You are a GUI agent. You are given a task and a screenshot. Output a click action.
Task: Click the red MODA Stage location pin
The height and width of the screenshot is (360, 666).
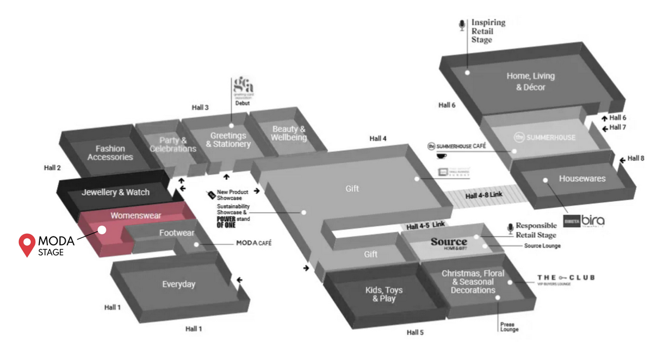(x=26, y=244)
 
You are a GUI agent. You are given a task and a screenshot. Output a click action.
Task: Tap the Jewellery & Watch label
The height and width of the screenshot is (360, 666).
(x=115, y=193)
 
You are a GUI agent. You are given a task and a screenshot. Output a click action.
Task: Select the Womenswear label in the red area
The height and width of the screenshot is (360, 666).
(x=136, y=216)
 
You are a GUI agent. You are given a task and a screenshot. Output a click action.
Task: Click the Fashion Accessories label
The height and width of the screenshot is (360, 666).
(x=110, y=153)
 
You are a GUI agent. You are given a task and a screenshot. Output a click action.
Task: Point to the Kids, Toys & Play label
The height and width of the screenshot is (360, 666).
(x=384, y=294)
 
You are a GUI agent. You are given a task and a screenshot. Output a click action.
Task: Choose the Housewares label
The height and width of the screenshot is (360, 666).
(x=582, y=179)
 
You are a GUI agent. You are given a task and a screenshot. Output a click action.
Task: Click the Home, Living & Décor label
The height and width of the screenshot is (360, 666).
(x=531, y=82)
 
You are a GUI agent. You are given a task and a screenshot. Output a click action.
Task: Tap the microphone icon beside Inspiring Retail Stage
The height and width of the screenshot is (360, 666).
(x=462, y=25)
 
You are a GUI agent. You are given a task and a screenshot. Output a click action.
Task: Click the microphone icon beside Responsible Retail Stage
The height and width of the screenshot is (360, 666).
(x=510, y=229)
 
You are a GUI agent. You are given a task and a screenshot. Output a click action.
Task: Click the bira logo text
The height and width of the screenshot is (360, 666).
(x=593, y=221)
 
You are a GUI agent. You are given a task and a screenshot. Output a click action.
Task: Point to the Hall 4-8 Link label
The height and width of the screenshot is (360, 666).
(x=484, y=195)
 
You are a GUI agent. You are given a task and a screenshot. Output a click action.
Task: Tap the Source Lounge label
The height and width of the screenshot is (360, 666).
(x=543, y=246)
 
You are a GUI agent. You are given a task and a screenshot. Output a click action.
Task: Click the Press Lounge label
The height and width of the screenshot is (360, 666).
(x=509, y=327)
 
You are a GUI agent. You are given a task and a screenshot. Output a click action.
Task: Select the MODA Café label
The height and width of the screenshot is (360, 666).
(x=254, y=243)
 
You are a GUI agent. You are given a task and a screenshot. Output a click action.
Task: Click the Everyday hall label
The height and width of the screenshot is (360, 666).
(x=178, y=284)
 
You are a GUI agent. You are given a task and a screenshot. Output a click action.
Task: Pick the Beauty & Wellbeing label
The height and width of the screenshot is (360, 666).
(x=289, y=133)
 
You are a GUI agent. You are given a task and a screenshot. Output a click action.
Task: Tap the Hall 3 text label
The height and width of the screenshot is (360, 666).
(x=200, y=107)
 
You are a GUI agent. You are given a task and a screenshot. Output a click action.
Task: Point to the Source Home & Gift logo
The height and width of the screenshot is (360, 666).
(x=449, y=243)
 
